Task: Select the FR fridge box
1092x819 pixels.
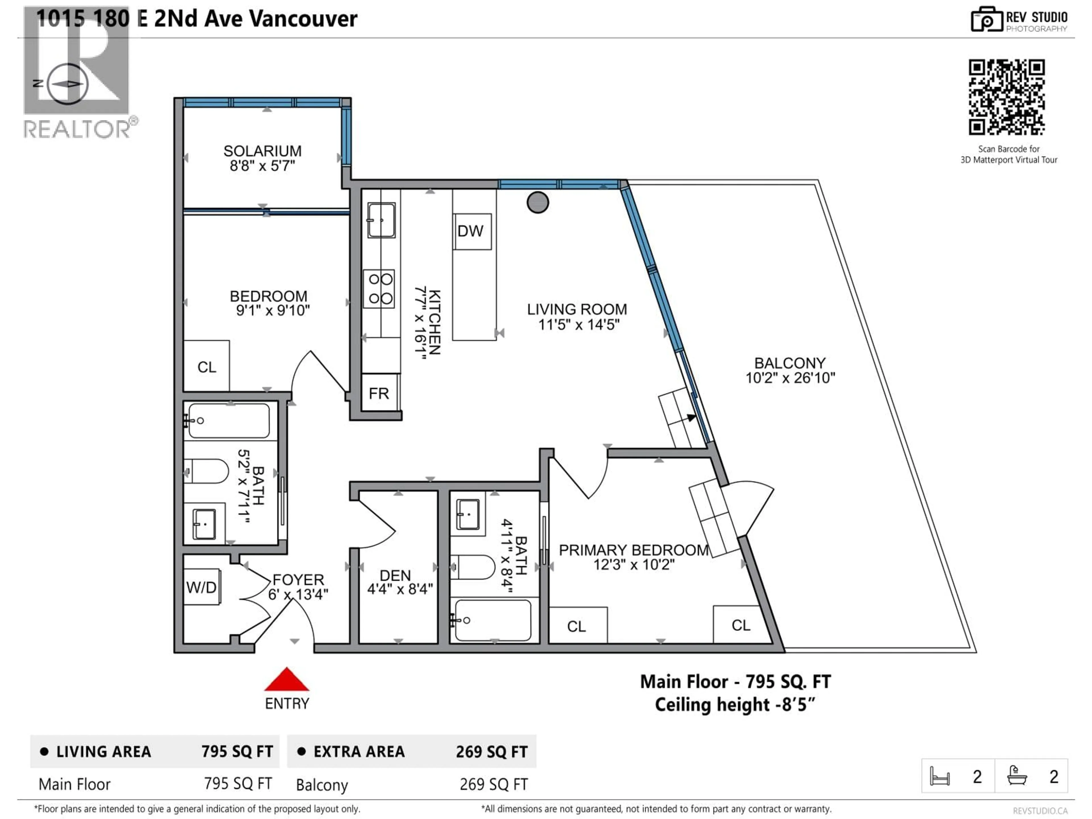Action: pyautogui.click(x=379, y=393)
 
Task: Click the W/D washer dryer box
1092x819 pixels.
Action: pyautogui.click(x=202, y=587)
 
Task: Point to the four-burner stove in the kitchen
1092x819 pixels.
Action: pyautogui.click(x=379, y=289)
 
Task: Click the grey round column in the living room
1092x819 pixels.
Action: pyautogui.click(x=537, y=202)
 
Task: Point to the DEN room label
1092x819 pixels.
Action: pyautogui.click(x=395, y=576)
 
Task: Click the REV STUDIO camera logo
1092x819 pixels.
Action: pyautogui.click(x=986, y=20)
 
